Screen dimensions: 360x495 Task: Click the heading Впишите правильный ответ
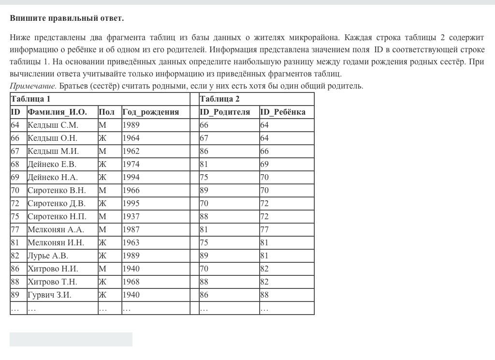pos(67,18)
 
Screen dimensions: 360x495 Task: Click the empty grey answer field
pos(71,339)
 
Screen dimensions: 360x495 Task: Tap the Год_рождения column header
pos(151,112)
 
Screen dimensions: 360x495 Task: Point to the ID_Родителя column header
pos(225,112)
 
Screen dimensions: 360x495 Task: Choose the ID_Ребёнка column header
pos(283,112)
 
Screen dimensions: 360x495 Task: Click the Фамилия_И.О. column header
pos(57,112)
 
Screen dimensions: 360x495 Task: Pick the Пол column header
pos(106,112)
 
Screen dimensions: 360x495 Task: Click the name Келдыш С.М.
pos(53,125)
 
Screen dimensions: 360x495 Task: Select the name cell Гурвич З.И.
pos(49,295)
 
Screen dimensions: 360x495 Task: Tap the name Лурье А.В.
pos(48,255)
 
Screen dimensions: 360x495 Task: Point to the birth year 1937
pos(131,216)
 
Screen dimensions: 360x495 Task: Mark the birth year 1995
pos(131,203)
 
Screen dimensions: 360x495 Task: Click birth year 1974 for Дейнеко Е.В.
pos(131,164)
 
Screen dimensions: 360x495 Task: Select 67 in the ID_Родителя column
pos(204,138)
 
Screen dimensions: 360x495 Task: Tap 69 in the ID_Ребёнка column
pos(264,164)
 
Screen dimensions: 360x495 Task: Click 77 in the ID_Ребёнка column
pos(264,229)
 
